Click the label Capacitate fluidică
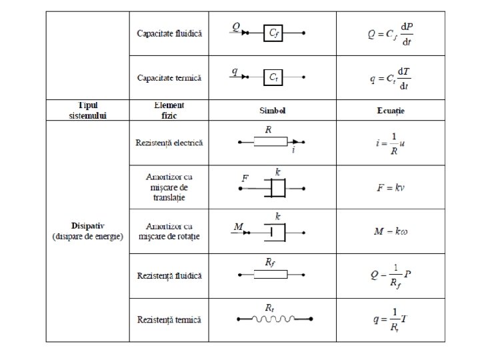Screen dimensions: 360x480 (169, 33)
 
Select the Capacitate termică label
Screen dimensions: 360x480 (169, 77)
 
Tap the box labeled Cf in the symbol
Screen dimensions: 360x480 (273, 32)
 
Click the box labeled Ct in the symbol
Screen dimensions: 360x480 (273, 77)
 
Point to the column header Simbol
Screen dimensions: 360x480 (273, 110)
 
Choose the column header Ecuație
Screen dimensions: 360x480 (391, 110)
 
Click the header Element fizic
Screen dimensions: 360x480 (169, 110)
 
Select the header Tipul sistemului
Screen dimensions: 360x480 (87, 110)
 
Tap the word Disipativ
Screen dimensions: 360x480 (87, 225)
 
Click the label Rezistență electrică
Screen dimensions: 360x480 (169, 143)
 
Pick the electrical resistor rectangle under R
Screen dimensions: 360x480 (271, 141)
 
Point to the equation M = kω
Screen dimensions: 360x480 (391, 231)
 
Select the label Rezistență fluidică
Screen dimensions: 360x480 (169, 275)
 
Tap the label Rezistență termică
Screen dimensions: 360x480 (169, 319)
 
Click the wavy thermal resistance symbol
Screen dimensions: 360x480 (269, 319)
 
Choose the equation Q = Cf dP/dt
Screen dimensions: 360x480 (391, 33)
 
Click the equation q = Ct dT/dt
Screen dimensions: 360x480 (391, 78)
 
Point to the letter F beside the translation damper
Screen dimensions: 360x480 (245, 178)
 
